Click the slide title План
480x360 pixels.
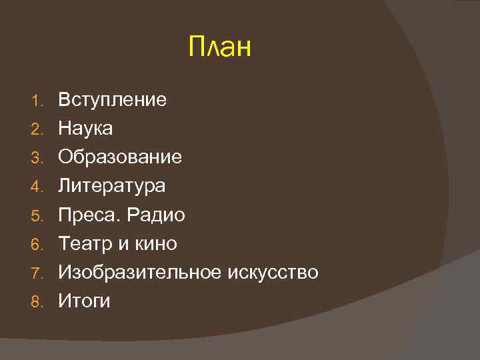tap(219, 48)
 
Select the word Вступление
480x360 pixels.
tap(112, 101)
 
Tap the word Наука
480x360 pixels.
tap(85, 129)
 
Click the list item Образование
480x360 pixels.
tap(120, 157)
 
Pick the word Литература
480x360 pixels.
tap(111, 186)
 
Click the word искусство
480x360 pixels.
tap(273, 273)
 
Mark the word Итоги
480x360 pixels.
tap(84, 301)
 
